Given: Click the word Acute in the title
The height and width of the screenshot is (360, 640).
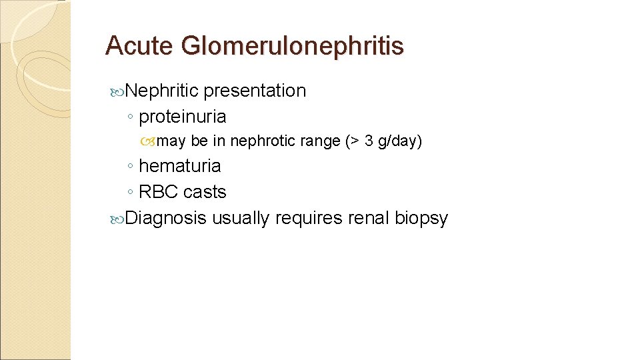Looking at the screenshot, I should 139,46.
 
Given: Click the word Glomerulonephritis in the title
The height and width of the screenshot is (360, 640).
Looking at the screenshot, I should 292,46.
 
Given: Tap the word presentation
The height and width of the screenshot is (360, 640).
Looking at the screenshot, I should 255,91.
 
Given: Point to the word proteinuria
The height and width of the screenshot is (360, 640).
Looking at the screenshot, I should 183,117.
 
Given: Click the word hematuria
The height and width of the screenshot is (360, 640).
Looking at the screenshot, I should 180,166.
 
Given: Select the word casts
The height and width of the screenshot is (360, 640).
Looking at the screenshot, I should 205,192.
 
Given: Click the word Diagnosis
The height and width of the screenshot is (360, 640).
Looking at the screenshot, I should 166,218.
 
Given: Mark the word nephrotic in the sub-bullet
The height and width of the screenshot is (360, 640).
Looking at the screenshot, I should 261,141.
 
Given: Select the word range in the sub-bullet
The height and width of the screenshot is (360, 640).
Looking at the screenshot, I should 317,141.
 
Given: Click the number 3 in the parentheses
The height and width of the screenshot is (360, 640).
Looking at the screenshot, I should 369,141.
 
